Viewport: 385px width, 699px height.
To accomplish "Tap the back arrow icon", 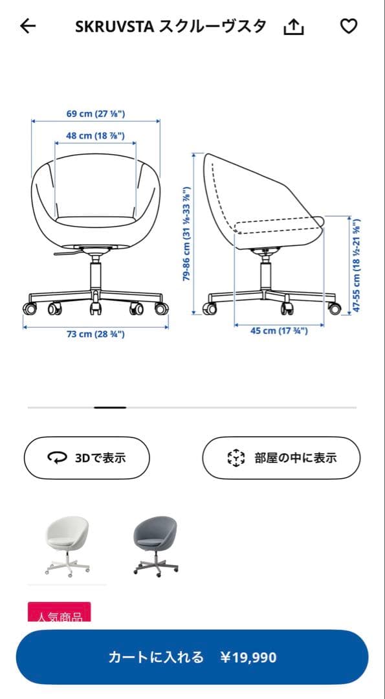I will point(28,27).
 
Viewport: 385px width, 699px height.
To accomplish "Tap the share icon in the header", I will point(294,27).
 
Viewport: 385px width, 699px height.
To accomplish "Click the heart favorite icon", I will point(349,27).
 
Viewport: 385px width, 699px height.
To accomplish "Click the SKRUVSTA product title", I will point(171,27).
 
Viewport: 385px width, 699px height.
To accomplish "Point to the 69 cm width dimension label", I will point(96,114).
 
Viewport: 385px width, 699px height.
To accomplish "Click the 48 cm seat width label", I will point(96,136).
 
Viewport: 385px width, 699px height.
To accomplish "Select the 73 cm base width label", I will point(96,334).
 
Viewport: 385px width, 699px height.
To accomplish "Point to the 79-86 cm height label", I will point(187,234).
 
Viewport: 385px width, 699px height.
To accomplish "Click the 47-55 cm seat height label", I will point(356,265).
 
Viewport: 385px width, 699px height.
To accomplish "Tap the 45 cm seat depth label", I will point(279,331).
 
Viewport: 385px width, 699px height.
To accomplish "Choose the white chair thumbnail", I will point(67,545).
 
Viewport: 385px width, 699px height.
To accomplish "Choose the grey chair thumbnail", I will point(155,545).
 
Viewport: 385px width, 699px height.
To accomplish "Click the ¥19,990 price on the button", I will point(248,658).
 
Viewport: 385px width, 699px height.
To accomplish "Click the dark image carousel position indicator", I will point(110,407).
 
